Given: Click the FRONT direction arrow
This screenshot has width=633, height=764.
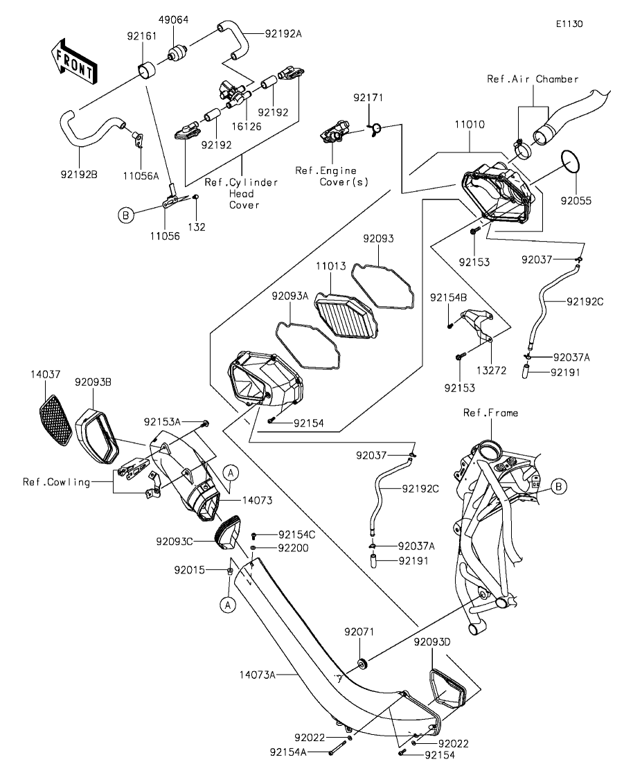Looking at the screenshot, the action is coord(74,61).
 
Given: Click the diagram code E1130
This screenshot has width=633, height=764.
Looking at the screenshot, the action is coord(570,24).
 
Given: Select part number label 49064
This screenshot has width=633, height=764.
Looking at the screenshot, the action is coord(173,20).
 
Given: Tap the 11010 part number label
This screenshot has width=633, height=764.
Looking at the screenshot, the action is coord(470,125).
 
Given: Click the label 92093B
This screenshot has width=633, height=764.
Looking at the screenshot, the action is coord(93,382).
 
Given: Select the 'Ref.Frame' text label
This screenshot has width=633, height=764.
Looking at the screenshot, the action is coord(491,414).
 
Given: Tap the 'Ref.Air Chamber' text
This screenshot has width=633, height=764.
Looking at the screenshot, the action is coord(533,79).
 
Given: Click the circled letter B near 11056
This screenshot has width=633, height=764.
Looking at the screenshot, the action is coord(126,215).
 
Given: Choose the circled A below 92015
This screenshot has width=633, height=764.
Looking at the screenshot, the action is coord(228,605).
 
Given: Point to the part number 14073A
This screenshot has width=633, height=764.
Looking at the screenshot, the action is coord(258,675).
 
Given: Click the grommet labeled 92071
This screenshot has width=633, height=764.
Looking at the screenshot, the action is coord(363,664).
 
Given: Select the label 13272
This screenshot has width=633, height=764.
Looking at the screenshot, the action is coord(491,371).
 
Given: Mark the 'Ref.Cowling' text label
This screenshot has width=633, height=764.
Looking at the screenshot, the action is coord(57,482).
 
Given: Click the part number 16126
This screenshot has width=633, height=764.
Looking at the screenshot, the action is coord(246,127).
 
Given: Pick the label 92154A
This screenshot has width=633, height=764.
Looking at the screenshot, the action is coord(288,752).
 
